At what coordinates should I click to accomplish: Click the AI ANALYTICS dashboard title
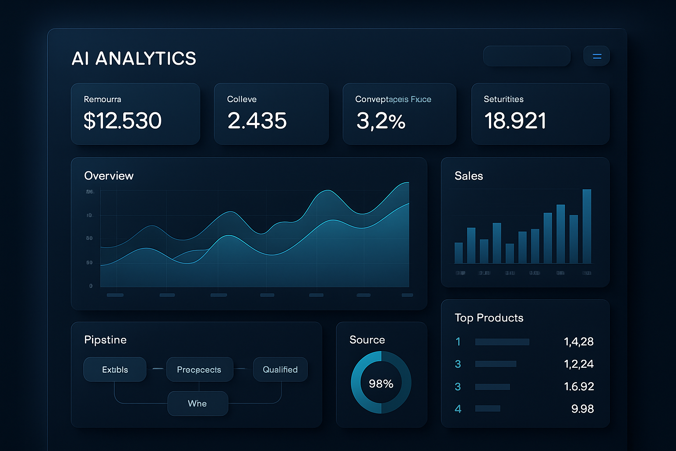tap(134, 59)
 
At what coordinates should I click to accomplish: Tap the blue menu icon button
tap(597, 56)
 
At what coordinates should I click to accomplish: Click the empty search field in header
tap(526, 56)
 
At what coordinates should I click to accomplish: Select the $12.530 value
tap(123, 121)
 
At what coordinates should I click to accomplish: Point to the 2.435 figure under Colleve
tap(257, 121)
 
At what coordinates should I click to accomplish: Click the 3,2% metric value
tap(381, 121)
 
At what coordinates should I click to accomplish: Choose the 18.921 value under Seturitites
tap(515, 121)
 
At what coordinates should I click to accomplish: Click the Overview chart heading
tap(109, 176)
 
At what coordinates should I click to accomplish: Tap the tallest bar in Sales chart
tap(587, 226)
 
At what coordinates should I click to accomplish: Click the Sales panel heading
tap(469, 176)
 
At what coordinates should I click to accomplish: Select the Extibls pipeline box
tap(115, 370)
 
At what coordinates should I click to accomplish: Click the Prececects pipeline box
tap(199, 370)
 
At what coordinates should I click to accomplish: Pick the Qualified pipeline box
tap(280, 370)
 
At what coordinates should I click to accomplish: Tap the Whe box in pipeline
tap(198, 403)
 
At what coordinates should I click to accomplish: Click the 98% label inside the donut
tap(381, 384)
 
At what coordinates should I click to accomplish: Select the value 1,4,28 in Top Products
tap(578, 341)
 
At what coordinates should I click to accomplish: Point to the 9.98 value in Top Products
tap(582, 409)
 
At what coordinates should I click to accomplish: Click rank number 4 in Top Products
tap(458, 409)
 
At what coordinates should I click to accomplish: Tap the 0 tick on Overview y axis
tap(91, 286)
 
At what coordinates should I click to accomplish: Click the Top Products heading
tap(489, 318)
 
